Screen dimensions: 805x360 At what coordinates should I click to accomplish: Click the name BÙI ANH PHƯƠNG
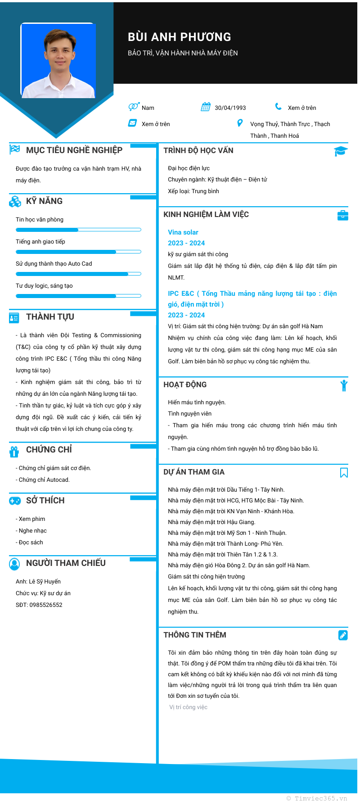click(179, 37)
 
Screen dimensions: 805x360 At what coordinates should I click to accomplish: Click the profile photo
click(58, 61)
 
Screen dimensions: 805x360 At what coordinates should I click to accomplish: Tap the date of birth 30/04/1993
click(230, 108)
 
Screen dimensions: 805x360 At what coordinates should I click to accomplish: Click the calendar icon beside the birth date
click(206, 107)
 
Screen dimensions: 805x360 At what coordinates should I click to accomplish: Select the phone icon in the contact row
click(279, 107)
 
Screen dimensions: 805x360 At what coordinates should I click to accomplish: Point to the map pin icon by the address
click(240, 123)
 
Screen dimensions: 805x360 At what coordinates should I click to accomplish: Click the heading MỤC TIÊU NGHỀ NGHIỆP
click(74, 150)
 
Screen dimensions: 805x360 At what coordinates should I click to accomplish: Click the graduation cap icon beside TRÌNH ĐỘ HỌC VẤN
click(341, 151)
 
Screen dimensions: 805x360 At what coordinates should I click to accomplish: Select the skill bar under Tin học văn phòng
click(78, 230)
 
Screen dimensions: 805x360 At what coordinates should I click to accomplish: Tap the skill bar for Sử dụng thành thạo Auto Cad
click(78, 274)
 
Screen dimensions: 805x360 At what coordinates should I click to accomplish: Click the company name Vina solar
click(183, 232)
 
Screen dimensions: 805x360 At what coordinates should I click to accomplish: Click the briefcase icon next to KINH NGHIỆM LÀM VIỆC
click(343, 215)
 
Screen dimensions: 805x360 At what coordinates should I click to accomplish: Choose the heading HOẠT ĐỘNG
click(185, 384)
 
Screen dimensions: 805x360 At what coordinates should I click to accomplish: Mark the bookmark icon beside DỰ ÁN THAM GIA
click(344, 472)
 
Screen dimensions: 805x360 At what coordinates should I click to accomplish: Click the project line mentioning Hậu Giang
click(211, 522)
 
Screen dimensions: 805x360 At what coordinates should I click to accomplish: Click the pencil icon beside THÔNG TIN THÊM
click(343, 635)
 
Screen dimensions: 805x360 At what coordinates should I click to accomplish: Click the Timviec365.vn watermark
click(317, 798)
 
